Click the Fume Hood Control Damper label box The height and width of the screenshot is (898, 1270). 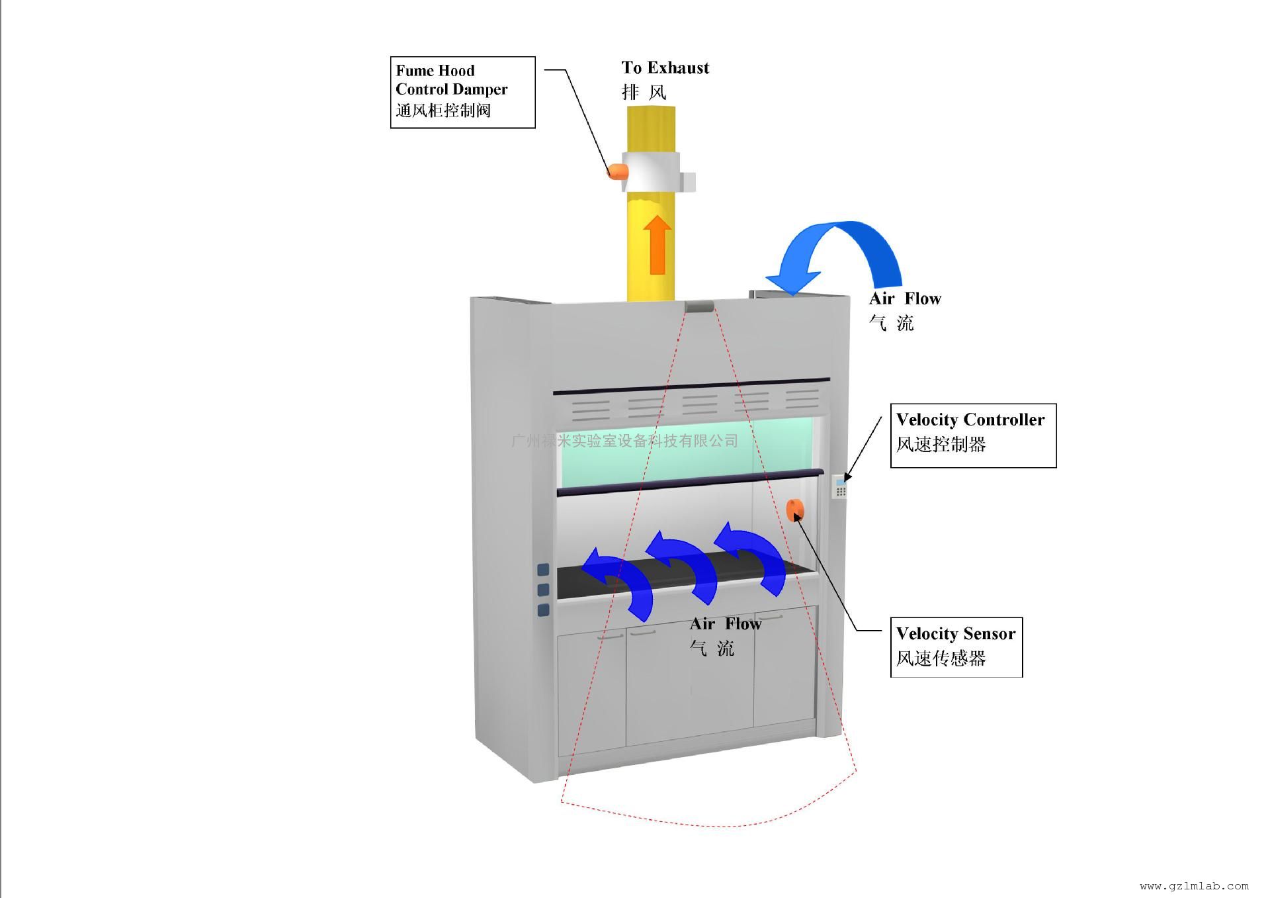pyautogui.click(x=462, y=92)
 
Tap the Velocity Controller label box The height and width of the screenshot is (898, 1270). pyautogui.click(x=972, y=435)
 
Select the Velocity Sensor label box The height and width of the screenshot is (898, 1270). pyautogui.click(x=956, y=647)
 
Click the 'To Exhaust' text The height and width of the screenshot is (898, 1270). pyautogui.click(x=665, y=68)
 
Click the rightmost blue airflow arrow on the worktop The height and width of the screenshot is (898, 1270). pyautogui.click(x=754, y=557)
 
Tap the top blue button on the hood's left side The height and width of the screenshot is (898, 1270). pyautogui.click(x=543, y=570)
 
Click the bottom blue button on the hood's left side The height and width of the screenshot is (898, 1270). pyautogui.click(x=543, y=610)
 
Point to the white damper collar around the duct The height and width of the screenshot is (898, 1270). pyautogui.click(x=652, y=171)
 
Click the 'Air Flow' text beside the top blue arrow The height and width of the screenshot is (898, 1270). pyautogui.click(x=905, y=299)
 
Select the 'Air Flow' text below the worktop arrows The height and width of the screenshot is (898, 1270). pyautogui.click(x=726, y=624)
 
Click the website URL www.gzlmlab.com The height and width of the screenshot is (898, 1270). pyautogui.click(x=1194, y=886)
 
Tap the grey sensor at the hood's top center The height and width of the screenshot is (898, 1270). pyautogui.click(x=699, y=306)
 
